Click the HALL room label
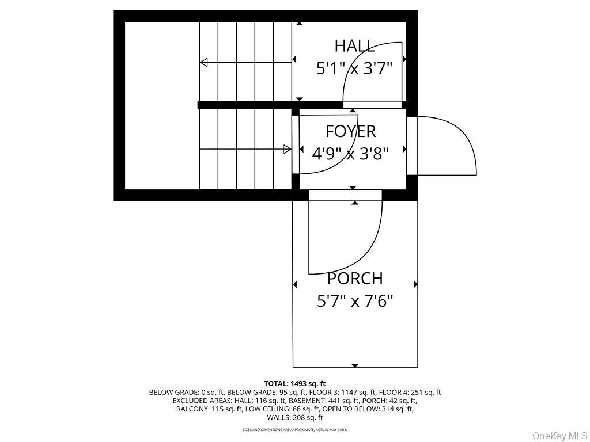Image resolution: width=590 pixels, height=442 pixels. coord(354,46)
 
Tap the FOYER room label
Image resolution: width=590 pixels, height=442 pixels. coord(350,131)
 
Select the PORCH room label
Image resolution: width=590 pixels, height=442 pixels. coord(355,279)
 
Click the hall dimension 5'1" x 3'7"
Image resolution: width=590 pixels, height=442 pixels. coord(354,69)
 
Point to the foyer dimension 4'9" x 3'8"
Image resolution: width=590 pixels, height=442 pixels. coord(350,153)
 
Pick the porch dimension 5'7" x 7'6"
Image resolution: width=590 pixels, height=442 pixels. coord(355,300)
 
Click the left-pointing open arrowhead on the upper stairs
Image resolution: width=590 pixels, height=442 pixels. coord(203,62)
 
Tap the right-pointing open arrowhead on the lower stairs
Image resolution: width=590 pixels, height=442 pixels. coord(287,149)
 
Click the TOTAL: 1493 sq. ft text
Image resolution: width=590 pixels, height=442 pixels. coord(294,384)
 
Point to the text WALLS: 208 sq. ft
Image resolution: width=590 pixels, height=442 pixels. coord(295,417)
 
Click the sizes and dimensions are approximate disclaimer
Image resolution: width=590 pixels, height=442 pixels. coord(294,429)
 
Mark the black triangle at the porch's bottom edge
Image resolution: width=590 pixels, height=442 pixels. coord(355,365)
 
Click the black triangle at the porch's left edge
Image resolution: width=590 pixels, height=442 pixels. coord(294,284)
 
